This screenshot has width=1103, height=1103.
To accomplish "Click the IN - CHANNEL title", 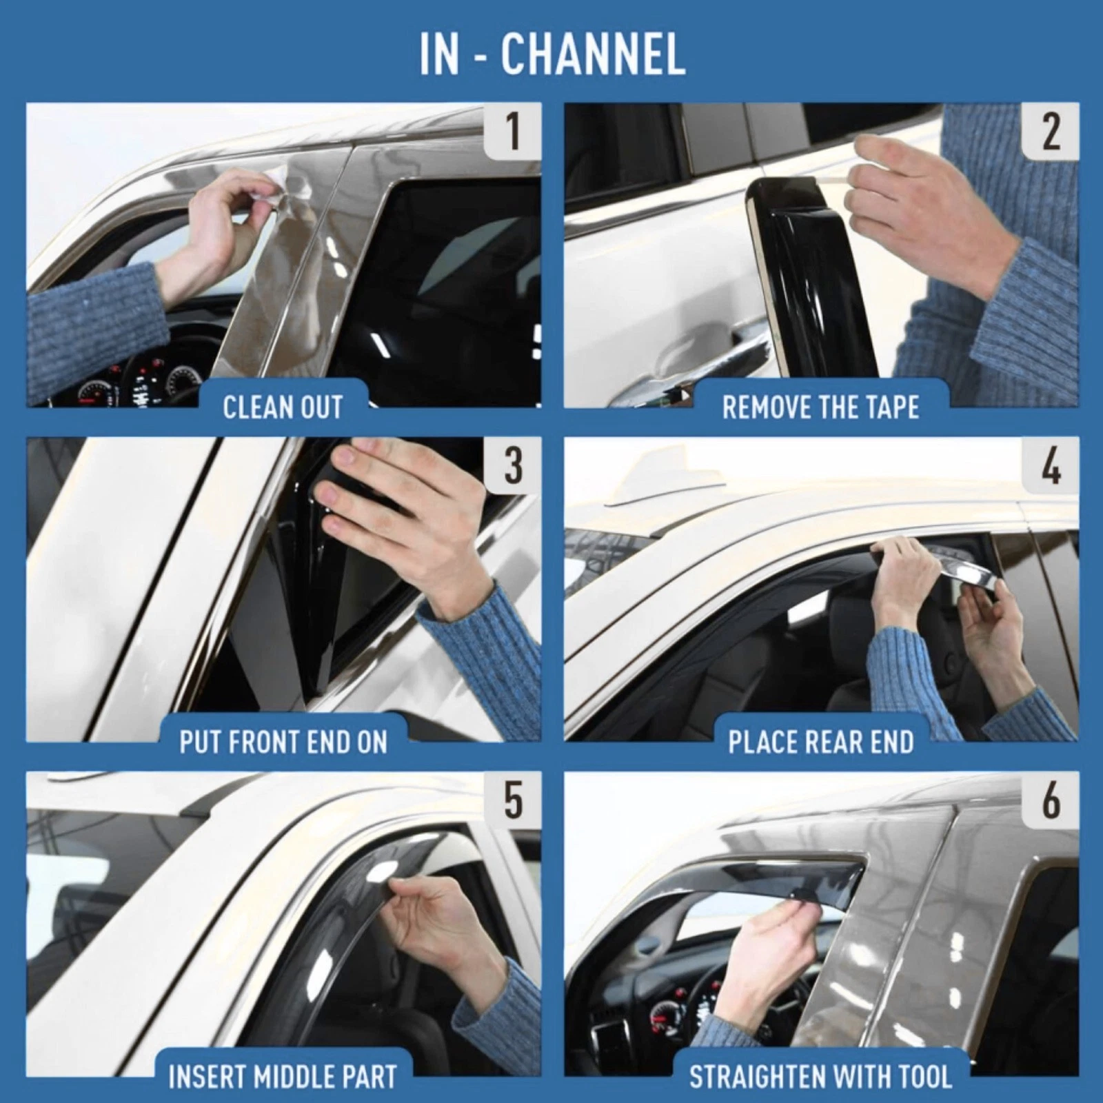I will pyautogui.click(x=551, y=54).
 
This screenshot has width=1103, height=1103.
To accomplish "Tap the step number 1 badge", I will pyautogui.click(x=512, y=132).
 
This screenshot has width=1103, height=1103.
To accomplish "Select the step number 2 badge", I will pyautogui.click(x=1049, y=132).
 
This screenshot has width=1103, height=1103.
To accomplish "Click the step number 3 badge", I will pyautogui.click(x=512, y=466).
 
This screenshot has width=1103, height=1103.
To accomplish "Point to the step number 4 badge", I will pyautogui.click(x=1049, y=466).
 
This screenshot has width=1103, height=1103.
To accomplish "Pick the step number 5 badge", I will pyautogui.click(x=512, y=800).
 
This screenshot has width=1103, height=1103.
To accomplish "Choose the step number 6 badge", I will pyautogui.click(x=1049, y=800).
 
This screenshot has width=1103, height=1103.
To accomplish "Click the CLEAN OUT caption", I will pyautogui.click(x=283, y=407).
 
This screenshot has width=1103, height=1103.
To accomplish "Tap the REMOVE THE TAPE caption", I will pyautogui.click(x=820, y=407).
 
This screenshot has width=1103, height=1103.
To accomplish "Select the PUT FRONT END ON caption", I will pyautogui.click(x=283, y=742).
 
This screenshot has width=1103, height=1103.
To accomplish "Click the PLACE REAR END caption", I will pyautogui.click(x=820, y=742).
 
